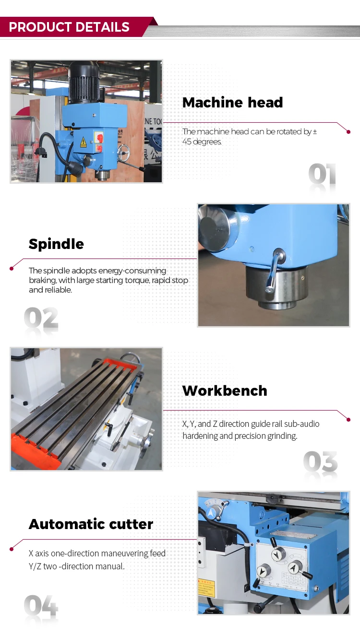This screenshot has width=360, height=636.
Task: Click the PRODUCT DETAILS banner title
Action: (69, 27)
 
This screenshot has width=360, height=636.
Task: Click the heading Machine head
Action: (232, 102)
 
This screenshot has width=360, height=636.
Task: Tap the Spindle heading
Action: (56, 244)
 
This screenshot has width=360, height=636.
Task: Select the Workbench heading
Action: (225, 390)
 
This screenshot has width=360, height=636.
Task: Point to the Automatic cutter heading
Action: (91, 524)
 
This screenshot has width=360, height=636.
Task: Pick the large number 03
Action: (320, 462)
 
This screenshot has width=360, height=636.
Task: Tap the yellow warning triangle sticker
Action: (83, 142)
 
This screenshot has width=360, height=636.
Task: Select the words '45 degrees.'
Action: (202, 141)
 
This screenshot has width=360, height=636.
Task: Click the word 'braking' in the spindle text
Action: (42, 280)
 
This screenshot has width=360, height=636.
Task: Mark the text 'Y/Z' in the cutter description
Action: (35, 566)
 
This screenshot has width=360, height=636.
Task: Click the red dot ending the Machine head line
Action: (348, 132)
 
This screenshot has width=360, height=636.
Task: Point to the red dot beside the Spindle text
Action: (12, 268)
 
